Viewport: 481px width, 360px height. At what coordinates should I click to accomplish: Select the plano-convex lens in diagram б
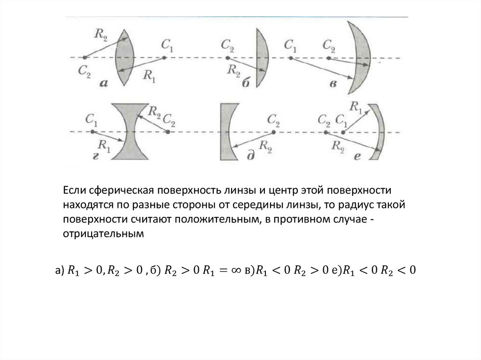261,57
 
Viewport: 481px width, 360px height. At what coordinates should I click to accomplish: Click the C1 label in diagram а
167,46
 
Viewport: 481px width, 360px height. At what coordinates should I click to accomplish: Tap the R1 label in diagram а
149,76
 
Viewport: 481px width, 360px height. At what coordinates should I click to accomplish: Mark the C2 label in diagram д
274,123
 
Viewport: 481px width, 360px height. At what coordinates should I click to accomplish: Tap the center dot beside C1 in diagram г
87,132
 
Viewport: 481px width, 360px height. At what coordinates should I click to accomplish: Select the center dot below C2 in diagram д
271,132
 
